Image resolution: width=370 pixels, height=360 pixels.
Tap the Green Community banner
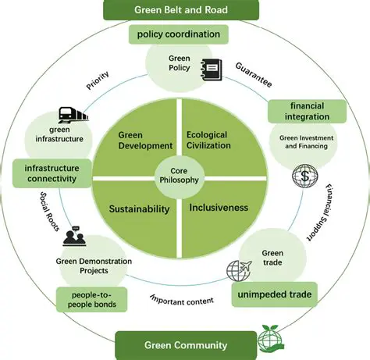[x=186, y=344]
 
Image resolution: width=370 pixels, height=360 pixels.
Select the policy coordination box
[x=180, y=34]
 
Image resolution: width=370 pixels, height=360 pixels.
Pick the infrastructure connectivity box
[x=50, y=173]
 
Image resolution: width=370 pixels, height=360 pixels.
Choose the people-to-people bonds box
[x=91, y=299]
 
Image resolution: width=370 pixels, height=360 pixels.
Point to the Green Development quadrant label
[x=145, y=141]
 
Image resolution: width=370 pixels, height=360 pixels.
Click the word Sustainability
[x=139, y=210]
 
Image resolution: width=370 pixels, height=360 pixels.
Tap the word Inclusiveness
[x=219, y=208]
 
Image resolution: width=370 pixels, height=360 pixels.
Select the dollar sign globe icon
[x=303, y=175]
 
